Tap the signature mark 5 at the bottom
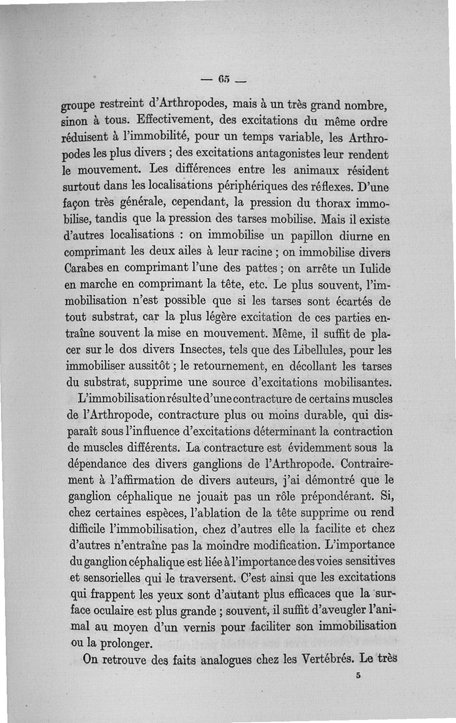(358, 676)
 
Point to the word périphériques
(287, 186)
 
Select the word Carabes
(83, 268)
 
